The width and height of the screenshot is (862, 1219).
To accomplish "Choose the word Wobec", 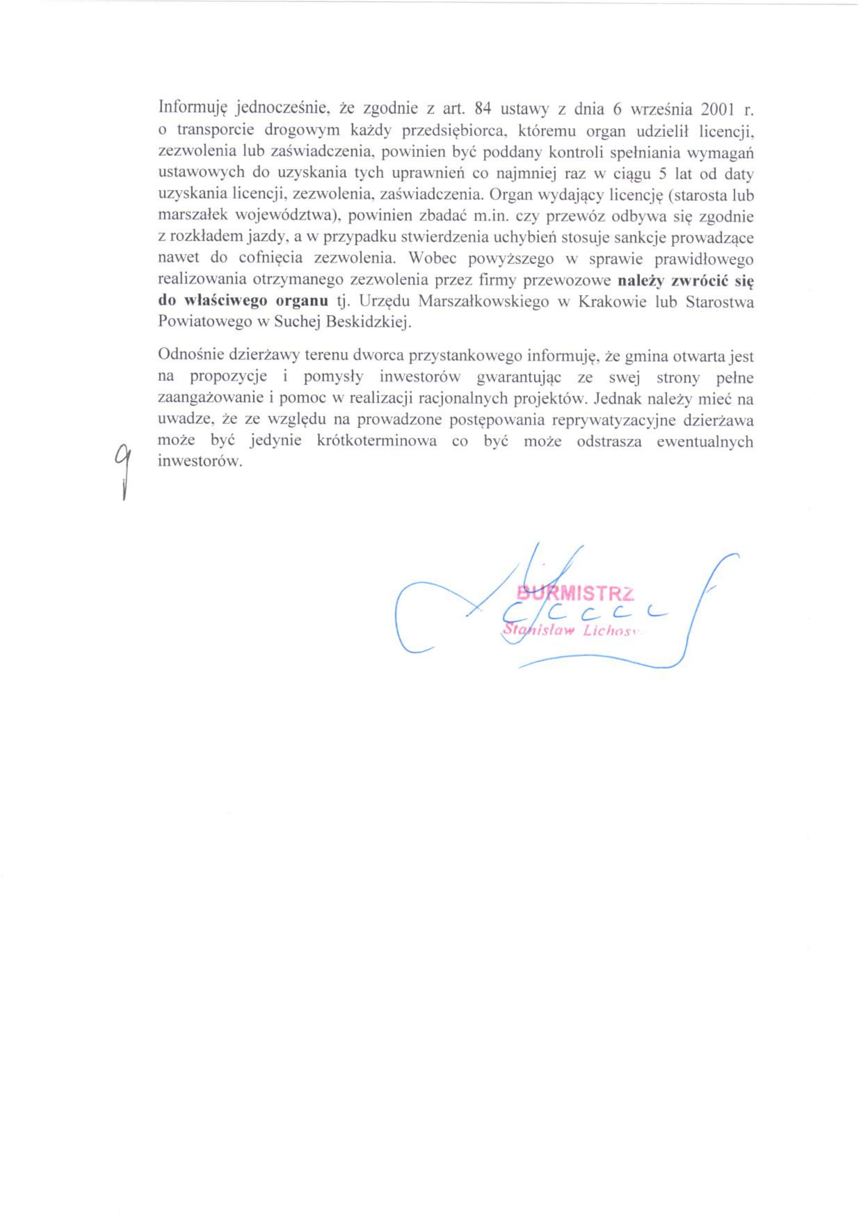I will pos(430,259).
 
